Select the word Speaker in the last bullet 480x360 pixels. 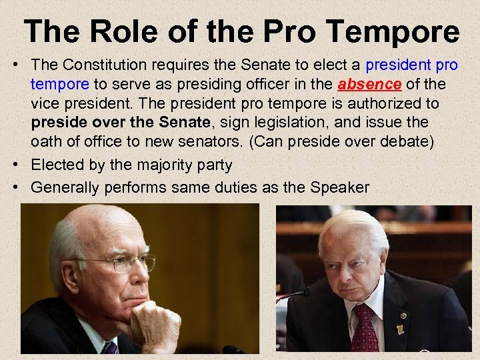[x=339, y=187]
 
